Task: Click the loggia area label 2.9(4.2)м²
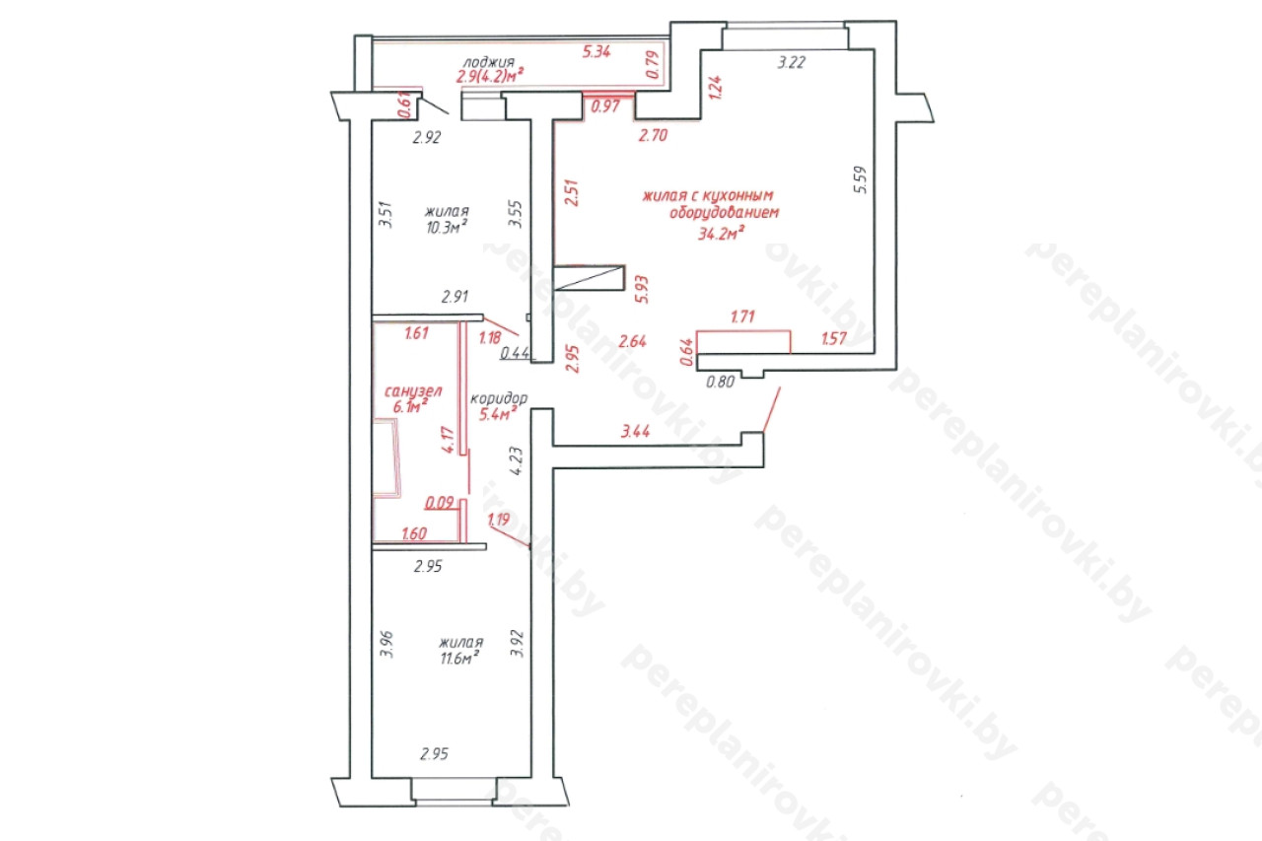[490, 76]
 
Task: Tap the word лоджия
[488, 62]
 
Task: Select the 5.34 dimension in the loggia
[596, 52]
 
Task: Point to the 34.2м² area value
[722, 233]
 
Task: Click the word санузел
[413, 390]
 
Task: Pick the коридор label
[499, 399]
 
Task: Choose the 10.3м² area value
[448, 227]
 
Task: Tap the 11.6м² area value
[459, 658]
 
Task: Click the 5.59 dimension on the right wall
[861, 179]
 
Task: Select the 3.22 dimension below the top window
[791, 62]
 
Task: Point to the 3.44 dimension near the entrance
[636, 432]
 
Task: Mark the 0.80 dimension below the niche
[720, 382]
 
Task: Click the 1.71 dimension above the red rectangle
[742, 316]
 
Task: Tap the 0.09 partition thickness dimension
[440, 502]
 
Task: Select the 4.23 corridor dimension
[516, 461]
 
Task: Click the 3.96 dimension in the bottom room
[386, 645]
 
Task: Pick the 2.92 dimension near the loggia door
[427, 137]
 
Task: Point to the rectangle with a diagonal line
[590, 278]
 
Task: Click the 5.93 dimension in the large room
[642, 290]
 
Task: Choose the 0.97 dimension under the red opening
[605, 105]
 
